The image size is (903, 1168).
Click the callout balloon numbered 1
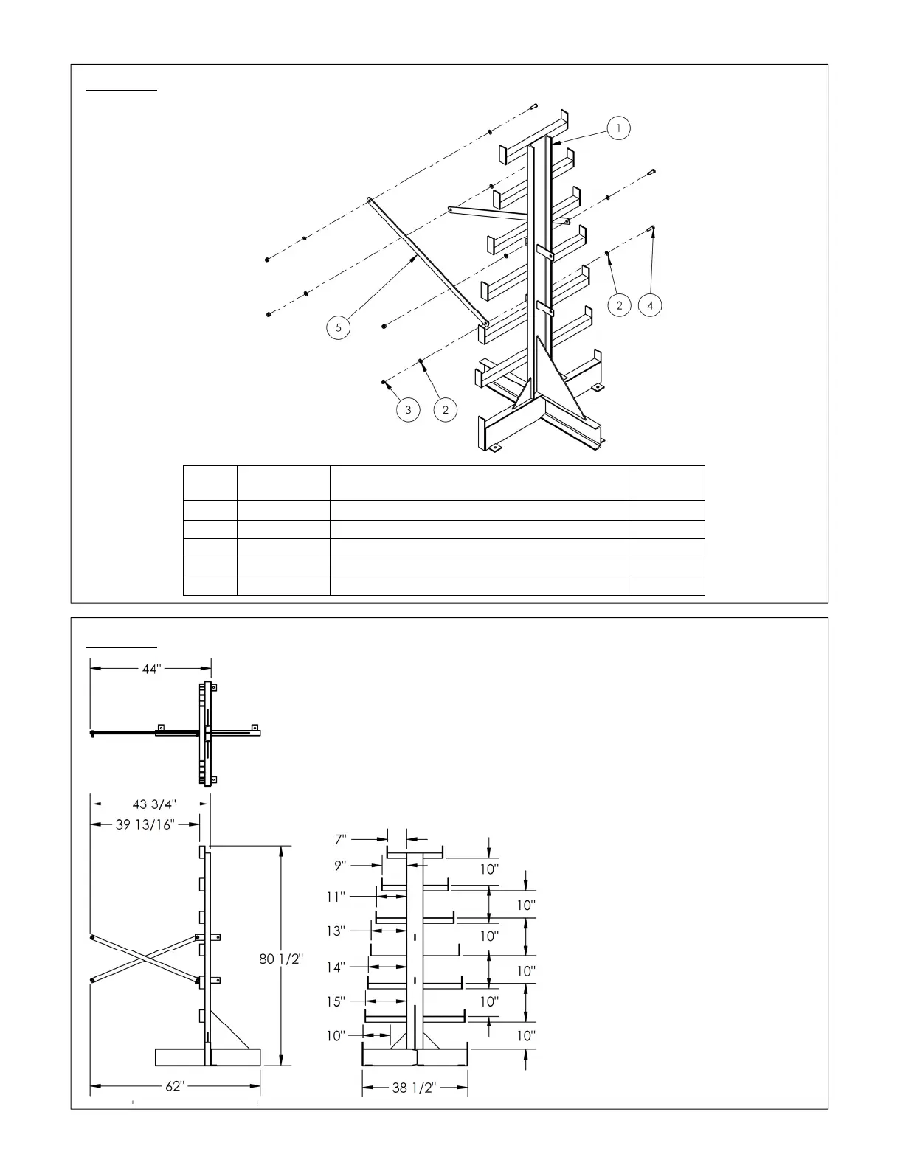point(618,128)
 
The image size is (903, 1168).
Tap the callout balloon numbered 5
point(339,327)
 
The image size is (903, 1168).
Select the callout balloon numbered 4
point(650,305)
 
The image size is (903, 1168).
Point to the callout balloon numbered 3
point(408,410)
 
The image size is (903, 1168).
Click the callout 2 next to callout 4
point(619,305)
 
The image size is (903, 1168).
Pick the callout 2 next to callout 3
point(446,410)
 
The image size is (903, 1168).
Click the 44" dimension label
point(151,669)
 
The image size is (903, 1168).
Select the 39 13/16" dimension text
point(145,824)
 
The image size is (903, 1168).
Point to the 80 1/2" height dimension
point(281,959)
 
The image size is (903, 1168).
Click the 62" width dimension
point(173,1086)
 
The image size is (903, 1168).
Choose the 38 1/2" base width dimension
point(414,1088)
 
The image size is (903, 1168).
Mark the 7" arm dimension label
point(341,839)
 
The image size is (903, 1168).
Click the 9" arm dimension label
point(341,864)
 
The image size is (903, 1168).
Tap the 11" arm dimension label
point(336,897)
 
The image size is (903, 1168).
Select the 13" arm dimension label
point(336,931)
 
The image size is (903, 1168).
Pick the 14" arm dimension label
point(336,967)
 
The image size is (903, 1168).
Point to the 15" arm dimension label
point(336,1001)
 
